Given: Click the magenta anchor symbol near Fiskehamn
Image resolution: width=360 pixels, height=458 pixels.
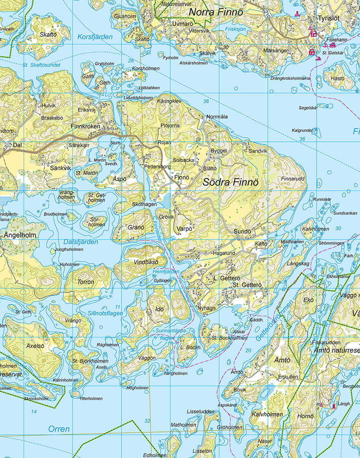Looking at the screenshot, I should [325, 44].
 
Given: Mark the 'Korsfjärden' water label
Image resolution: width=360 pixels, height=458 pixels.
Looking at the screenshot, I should [95, 37].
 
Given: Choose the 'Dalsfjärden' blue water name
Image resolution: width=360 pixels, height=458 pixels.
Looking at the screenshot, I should [81, 242].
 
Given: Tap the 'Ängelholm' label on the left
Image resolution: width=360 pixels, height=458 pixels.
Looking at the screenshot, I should [20, 235].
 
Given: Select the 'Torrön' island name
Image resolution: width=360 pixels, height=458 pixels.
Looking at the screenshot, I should [86, 282].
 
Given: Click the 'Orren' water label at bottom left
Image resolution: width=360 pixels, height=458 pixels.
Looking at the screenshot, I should [59, 429].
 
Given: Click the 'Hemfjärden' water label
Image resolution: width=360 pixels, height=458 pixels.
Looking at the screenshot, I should [166, 272].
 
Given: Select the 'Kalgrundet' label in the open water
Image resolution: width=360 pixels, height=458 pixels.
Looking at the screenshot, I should [302, 130].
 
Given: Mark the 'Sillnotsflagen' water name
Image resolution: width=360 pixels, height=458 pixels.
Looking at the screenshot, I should [105, 313].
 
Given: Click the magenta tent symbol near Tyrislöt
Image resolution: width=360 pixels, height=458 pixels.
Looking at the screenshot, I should [310, 28].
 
